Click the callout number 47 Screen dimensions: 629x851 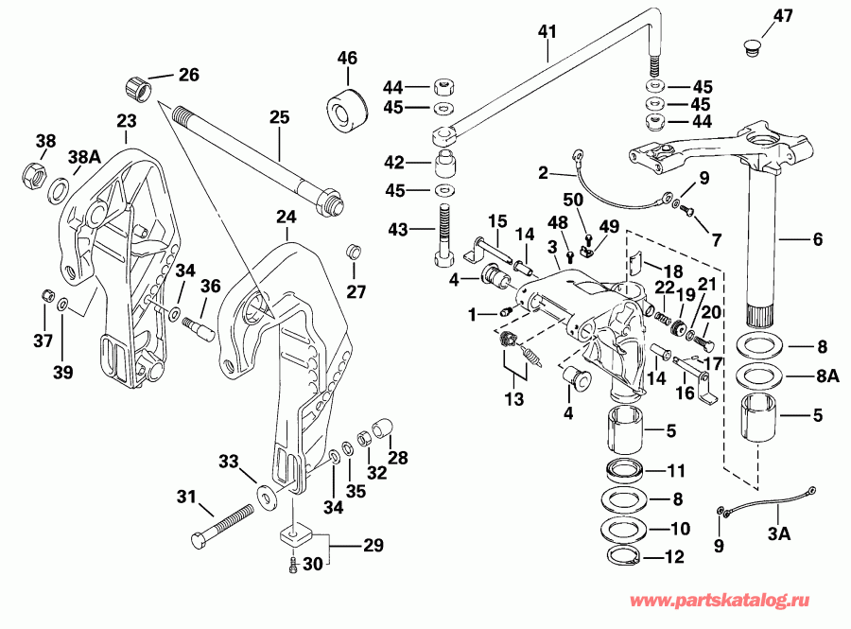click(x=784, y=15)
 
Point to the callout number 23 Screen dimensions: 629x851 click(x=127, y=120)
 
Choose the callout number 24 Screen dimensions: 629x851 click(x=287, y=218)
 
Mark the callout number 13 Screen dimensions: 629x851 click(x=512, y=400)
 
